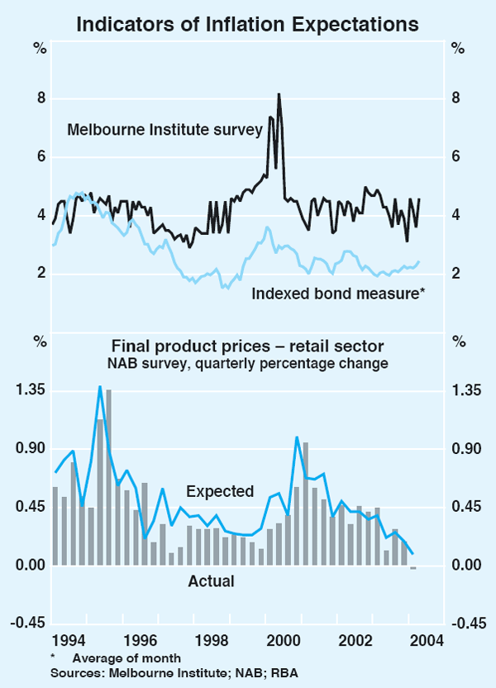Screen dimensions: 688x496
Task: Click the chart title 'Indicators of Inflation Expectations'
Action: coord(247,25)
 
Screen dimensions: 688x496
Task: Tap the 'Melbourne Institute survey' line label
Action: coord(165,129)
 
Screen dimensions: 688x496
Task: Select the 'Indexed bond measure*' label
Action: coord(337,293)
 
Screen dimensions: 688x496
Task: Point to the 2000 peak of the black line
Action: coord(279,94)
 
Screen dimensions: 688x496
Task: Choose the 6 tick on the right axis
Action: coord(455,157)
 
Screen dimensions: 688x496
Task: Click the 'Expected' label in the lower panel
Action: coord(220,491)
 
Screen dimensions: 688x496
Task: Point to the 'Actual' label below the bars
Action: coord(211,581)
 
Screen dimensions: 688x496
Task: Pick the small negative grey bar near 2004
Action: coord(413,567)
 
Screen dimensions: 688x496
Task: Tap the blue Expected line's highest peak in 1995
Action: coord(100,387)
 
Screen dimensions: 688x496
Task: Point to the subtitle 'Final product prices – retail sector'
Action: coord(247,345)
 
